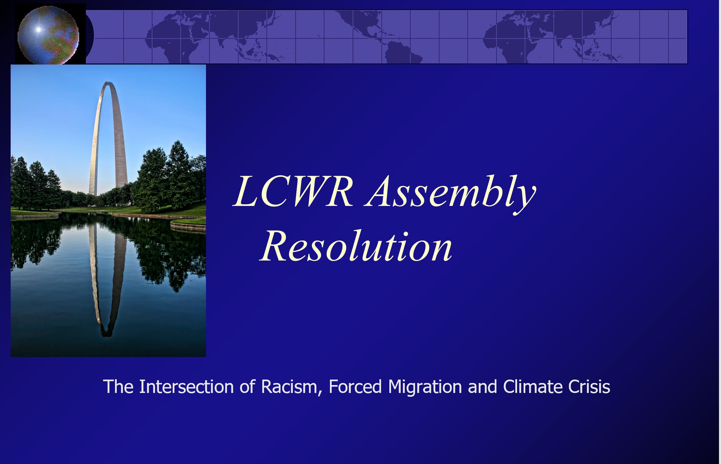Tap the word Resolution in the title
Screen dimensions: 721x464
point(356,246)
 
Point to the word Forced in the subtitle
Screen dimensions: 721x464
point(355,387)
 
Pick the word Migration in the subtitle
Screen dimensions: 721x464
point(425,387)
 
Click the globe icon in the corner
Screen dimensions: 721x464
point(48,34)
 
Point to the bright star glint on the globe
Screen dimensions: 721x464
point(38,30)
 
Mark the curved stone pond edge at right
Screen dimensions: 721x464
point(187,226)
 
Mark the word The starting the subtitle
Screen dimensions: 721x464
point(118,387)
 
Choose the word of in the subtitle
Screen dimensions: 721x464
point(247,387)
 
